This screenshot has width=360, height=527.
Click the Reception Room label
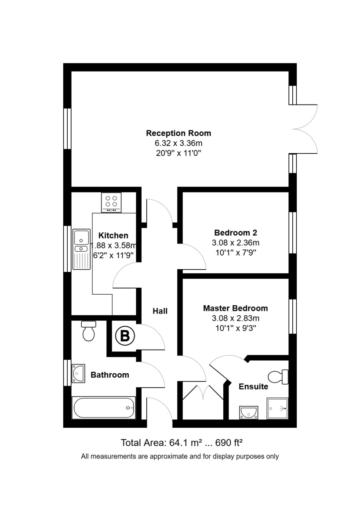coord(178,133)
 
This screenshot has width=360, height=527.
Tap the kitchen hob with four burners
coord(111,202)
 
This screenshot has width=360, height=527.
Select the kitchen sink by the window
coord(81,249)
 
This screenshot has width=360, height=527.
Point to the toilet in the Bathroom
coord(89,331)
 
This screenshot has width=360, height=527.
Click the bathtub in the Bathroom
coord(104,408)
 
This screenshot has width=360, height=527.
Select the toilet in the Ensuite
coord(278,376)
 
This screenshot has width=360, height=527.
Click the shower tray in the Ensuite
coord(277,408)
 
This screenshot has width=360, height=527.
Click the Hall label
coord(160,311)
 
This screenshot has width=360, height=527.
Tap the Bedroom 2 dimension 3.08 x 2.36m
coord(236,243)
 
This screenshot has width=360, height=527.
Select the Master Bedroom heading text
coord(235,308)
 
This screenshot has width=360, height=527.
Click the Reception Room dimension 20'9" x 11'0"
coord(178,153)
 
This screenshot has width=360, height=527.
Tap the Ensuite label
coord(253,387)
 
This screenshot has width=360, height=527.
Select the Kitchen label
coord(113,235)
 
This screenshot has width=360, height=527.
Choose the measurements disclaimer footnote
coord(180,456)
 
